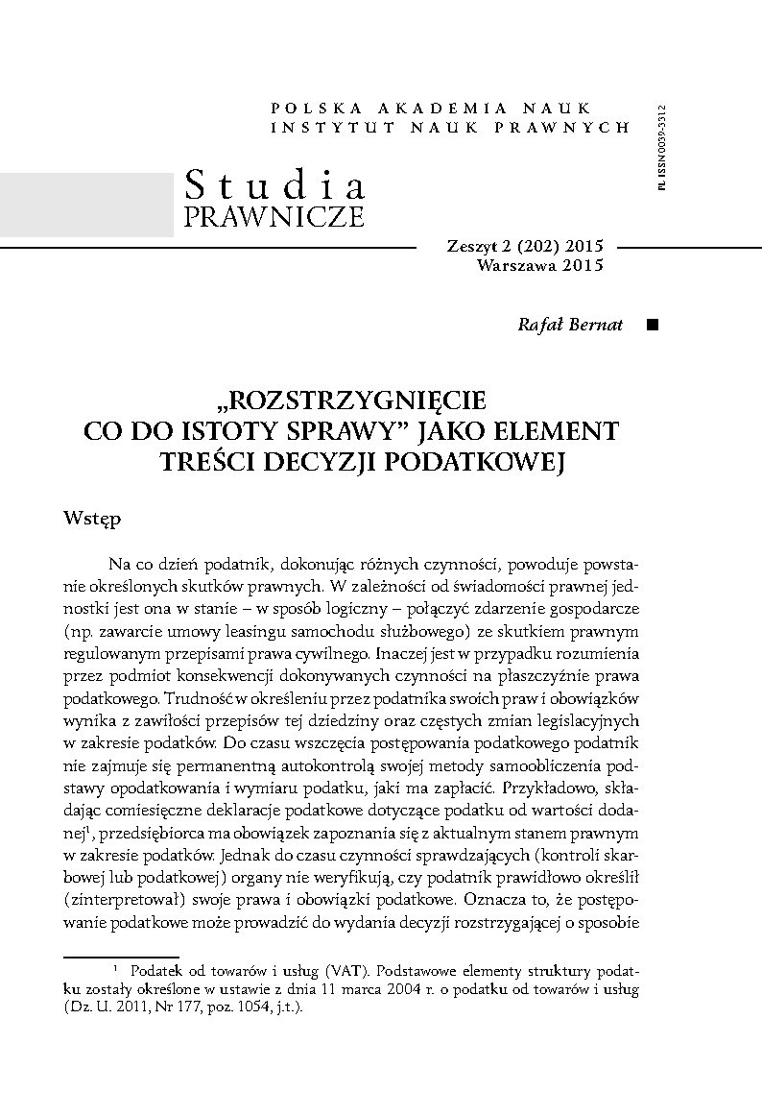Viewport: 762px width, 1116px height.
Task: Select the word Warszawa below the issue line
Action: (516, 266)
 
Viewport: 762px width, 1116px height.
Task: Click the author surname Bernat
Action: (597, 325)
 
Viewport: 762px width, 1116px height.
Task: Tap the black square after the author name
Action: (653, 325)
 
